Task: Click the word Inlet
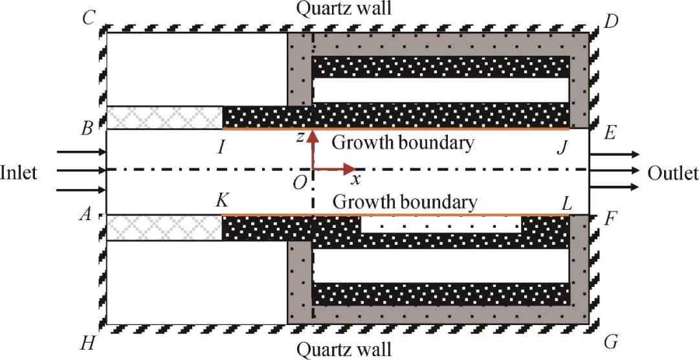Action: (x=19, y=172)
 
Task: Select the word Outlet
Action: (x=672, y=173)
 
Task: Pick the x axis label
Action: (x=355, y=180)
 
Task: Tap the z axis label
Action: (x=301, y=137)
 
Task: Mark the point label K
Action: (x=221, y=201)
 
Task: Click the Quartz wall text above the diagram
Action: (x=344, y=8)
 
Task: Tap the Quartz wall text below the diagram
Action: (x=344, y=349)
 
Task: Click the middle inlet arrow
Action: (x=82, y=170)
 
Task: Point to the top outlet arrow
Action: (x=615, y=154)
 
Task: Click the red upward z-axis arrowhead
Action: (x=313, y=135)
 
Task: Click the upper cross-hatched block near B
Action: (x=164, y=118)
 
